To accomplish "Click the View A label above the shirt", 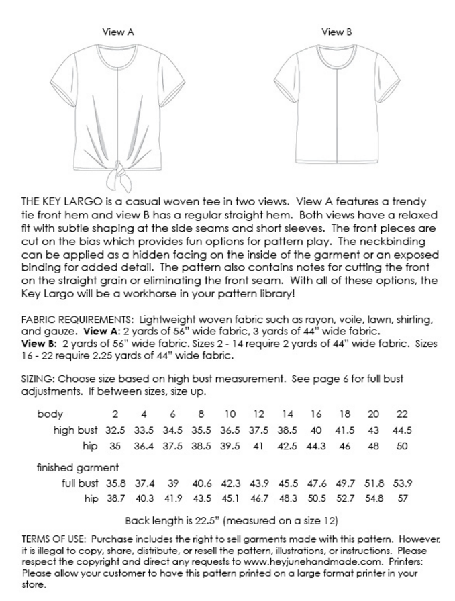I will click(x=118, y=32).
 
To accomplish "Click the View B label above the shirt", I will click(x=336, y=32).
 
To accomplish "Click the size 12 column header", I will click(x=258, y=414).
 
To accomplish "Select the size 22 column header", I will click(x=402, y=414).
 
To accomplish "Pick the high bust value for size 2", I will click(x=115, y=430).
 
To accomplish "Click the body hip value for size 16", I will click(x=316, y=445).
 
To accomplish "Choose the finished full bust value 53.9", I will click(x=402, y=483).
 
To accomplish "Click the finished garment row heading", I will click(x=77, y=467).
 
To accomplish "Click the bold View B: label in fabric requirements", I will click(x=36, y=343).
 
